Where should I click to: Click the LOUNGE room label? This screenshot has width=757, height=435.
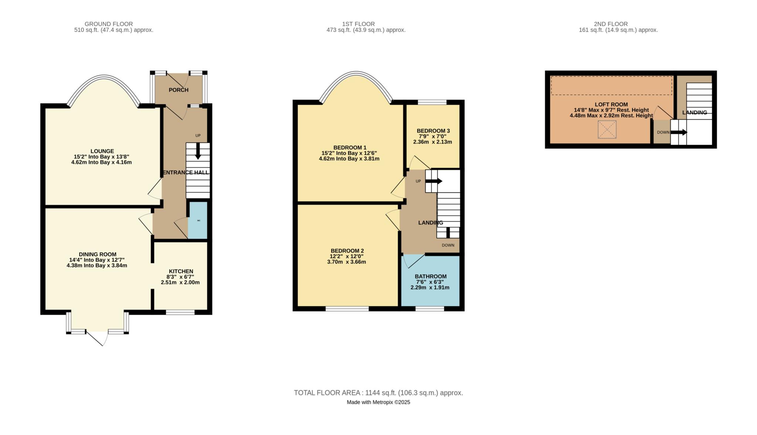pyautogui.click(x=102, y=151)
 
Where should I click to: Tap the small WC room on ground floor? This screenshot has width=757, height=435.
pyautogui.click(x=198, y=220)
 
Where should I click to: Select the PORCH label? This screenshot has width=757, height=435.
pyautogui.click(x=179, y=90)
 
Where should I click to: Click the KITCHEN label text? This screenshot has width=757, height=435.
pyautogui.click(x=181, y=271)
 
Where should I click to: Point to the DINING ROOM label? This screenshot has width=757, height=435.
pyautogui.click(x=98, y=254)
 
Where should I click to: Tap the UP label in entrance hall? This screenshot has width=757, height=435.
pyautogui.click(x=198, y=135)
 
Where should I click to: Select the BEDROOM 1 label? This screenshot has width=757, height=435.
pyautogui.click(x=350, y=148)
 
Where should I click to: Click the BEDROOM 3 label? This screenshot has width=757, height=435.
pyautogui.click(x=433, y=131)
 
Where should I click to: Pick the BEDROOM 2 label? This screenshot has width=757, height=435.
pyautogui.click(x=347, y=250)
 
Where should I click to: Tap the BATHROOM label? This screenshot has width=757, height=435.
pyautogui.click(x=430, y=276)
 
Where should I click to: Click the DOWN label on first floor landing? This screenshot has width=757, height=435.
pyautogui.click(x=448, y=245)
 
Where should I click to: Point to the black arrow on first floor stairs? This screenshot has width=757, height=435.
pyautogui.click(x=434, y=181)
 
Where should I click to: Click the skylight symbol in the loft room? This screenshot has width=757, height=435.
pyautogui.click(x=607, y=129)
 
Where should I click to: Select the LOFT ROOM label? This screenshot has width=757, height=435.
pyautogui.click(x=611, y=104)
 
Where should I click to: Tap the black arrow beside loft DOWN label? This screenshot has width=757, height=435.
pyautogui.click(x=679, y=132)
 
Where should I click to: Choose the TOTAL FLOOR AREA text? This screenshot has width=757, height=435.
pyautogui.click(x=378, y=393)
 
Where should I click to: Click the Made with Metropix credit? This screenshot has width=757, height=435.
pyautogui.click(x=378, y=402)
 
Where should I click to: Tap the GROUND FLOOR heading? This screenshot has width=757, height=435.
pyautogui.click(x=109, y=24)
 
